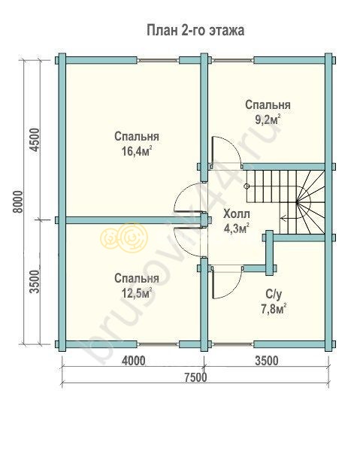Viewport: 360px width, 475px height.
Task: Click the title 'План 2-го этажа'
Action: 195,31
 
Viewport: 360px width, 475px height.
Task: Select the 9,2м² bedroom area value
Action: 268,120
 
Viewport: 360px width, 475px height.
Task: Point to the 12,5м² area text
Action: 137,293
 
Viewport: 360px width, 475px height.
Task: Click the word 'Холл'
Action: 237,214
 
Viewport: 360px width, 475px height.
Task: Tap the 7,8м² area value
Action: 274,310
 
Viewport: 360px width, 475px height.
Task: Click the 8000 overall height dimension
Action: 18,202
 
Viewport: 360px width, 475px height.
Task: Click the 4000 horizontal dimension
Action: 133,361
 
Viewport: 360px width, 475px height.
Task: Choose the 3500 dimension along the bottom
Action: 267,361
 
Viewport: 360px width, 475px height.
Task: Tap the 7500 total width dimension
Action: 195,377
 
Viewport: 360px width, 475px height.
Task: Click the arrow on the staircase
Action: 289,217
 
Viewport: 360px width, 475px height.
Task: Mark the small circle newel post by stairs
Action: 247,186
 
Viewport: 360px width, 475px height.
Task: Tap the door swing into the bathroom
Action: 227,283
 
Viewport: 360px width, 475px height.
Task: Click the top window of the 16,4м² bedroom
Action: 158,61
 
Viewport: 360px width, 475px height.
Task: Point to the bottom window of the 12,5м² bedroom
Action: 158,343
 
